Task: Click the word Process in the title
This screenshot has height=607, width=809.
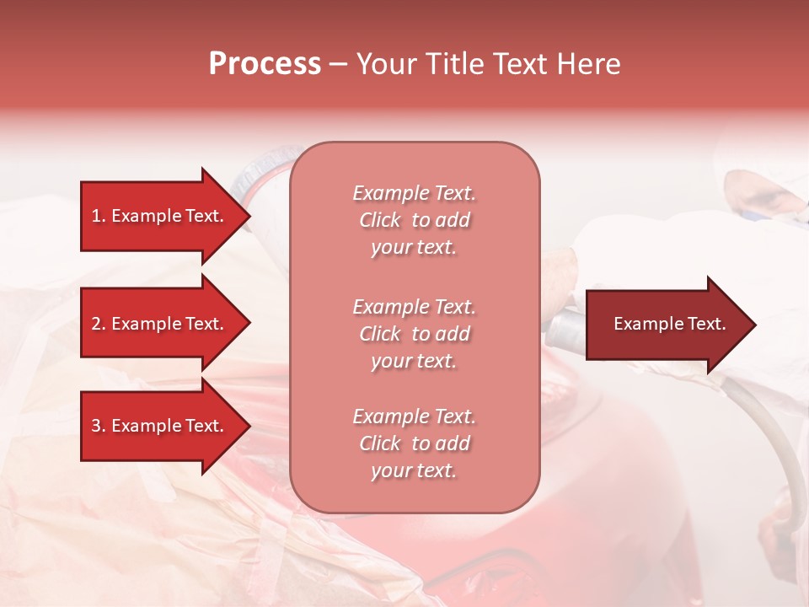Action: click(x=265, y=64)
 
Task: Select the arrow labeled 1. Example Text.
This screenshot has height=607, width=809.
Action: click(x=160, y=216)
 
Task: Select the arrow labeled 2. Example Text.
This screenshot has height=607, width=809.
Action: click(x=160, y=324)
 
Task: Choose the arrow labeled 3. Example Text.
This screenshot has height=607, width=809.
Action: click(x=160, y=426)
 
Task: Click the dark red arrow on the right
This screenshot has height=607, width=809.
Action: click(x=666, y=324)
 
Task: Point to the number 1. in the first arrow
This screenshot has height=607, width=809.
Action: click(x=98, y=216)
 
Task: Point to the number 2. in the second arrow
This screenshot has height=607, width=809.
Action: click(x=98, y=324)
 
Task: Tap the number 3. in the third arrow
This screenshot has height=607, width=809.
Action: click(x=98, y=426)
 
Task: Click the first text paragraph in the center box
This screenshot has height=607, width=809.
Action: click(x=414, y=220)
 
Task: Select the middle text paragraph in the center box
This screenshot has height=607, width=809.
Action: click(x=414, y=334)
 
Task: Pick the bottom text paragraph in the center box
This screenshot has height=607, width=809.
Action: click(x=414, y=443)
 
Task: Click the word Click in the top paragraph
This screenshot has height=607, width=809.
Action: click(x=379, y=220)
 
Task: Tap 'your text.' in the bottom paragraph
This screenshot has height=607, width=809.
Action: click(x=414, y=470)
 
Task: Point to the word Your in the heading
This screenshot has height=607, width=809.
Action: click(x=384, y=64)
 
